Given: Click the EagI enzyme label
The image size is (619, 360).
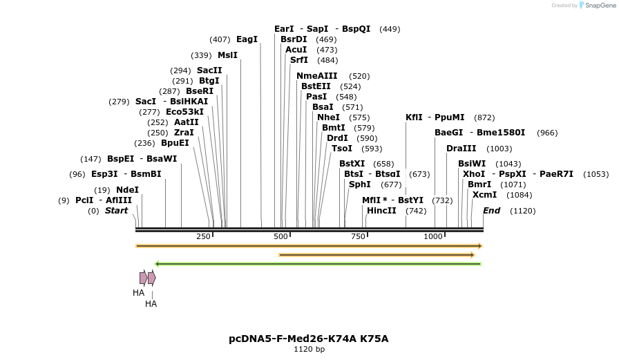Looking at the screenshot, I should (x=247, y=39).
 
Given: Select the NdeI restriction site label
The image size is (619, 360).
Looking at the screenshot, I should (x=127, y=190).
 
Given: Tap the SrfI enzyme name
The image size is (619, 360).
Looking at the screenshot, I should (x=299, y=60).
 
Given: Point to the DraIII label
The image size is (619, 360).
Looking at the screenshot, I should (x=461, y=149).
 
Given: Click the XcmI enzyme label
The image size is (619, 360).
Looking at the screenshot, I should (x=484, y=195).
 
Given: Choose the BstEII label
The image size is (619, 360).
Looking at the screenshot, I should (x=316, y=86).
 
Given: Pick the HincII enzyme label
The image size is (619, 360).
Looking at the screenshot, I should (x=381, y=211).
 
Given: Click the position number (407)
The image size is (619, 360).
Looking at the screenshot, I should (x=220, y=39).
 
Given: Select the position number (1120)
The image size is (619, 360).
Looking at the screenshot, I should (x=522, y=211).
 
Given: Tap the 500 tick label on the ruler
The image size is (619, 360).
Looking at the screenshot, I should (x=280, y=237).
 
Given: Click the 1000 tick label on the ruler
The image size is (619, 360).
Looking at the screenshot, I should (x=433, y=237).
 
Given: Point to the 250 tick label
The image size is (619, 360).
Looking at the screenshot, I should (x=203, y=237).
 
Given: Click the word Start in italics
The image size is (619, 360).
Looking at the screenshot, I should (x=116, y=211).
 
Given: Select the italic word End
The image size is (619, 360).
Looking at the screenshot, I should (x=491, y=211).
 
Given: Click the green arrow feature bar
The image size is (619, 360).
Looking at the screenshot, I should (x=318, y=263).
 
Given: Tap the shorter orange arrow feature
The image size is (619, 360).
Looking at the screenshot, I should (x=377, y=255).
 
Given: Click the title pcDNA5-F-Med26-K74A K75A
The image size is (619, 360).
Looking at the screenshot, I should (x=309, y=339).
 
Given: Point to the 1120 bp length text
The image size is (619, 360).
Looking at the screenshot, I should (x=309, y=350).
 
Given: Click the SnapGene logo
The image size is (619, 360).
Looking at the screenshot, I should (x=598, y=6).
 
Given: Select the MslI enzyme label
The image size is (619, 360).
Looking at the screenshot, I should (x=227, y=55).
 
